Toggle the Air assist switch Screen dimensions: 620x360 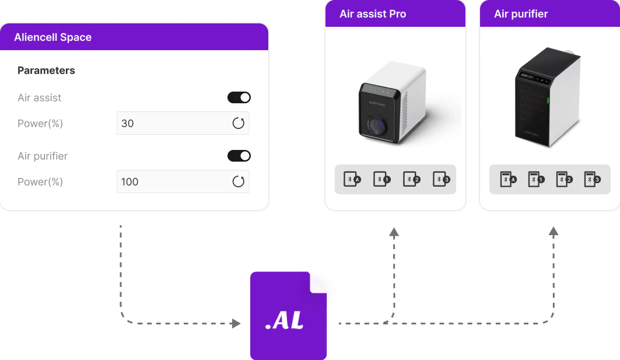click(x=239, y=97)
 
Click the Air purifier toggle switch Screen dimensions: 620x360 click(x=239, y=156)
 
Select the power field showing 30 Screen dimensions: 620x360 click(x=183, y=123)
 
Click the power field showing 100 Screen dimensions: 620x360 click(x=183, y=181)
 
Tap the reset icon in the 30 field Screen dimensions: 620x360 click(x=239, y=123)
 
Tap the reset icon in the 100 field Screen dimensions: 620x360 click(x=239, y=181)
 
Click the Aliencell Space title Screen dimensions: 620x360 click(x=53, y=37)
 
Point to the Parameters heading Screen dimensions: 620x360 click(x=46, y=71)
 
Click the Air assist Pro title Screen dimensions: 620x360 click(x=373, y=14)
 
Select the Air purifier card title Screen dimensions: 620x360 click(x=521, y=14)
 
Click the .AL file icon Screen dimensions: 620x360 click(x=288, y=316)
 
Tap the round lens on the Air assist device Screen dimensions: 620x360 click(x=377, y=126)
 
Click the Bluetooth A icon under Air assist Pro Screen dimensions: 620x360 click(x=352, y=179)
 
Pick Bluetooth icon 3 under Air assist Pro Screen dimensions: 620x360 click(x=442, y=179)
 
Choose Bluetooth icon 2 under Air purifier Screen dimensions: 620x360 click(x=564, y=179)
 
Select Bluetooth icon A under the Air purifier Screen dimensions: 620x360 click(x=509, y=179)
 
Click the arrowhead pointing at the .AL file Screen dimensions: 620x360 click(x=236, y=324)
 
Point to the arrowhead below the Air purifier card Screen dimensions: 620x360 click(x=554, y=232)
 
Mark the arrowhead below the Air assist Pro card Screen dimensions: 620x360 click(x=394, y=233)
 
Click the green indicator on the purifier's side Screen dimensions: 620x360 click(x=548, y=100)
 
